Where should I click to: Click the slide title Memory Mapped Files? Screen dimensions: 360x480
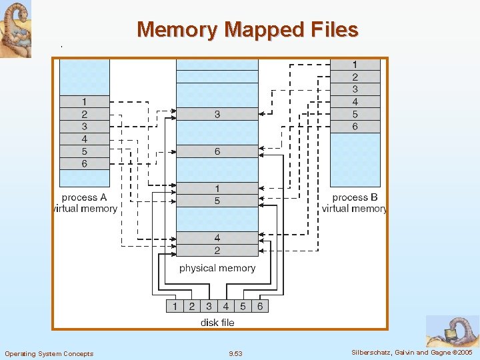pyautogui.click(x=247, y=29)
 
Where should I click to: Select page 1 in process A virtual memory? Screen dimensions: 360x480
pyautogui.click(x=85, y=101)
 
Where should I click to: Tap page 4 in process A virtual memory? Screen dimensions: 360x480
pyautogui.click(x=85, y=139)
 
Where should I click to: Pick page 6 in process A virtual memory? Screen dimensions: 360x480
pyautogui.click(x=85, y=163)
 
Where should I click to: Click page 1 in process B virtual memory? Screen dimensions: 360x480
pyautogui.click(x=355, y=65)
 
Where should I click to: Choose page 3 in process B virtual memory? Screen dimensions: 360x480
pyautogui.click(x=355, y=89)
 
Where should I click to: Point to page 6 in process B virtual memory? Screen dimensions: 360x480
pyautogui.click(x=355, y=126)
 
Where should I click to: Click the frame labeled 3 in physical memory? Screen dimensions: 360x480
pyautogui.click(x=217, y=115)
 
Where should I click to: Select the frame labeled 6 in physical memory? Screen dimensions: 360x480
pyautogui.click(x=217, y=152)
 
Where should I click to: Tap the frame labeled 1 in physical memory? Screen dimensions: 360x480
pyautogui.click(x=217, y=189)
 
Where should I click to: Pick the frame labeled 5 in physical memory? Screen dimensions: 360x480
pyautogui.click(x=217, y=201)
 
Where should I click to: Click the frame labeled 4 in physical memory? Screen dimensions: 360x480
pyautogui.click(x=217, y=238)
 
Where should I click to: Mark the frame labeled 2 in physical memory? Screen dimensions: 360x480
pyautogui.click(x=217, y=251)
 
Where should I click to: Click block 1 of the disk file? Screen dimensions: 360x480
pyautogui.click(x=175, y=306)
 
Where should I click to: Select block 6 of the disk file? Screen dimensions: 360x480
pyautogui.click(x=259, y=306)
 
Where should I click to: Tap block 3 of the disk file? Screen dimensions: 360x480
pyautogui.click(x=209, y=306)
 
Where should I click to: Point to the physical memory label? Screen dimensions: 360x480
pyautogui.click(x=217, y=268)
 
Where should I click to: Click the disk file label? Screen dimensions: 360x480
pyautogui.click(x=217, y=323)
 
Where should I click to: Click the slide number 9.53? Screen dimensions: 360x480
pyautogui.click(x=235, y=353)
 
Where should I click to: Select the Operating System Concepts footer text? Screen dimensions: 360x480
pyautogui.click(x=49, y=353)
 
